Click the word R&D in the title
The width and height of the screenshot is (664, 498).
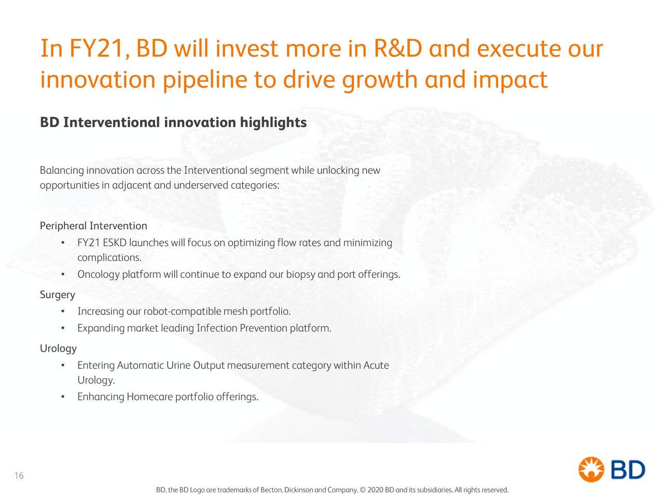point(397,49)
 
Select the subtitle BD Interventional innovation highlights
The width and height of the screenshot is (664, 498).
point(173,123)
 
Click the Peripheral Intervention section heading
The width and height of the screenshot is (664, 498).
point(93,226)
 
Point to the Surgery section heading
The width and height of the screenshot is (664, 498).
point(58,295)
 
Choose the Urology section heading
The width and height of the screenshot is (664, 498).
point(58,349)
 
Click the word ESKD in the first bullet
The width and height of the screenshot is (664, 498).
point(114,243)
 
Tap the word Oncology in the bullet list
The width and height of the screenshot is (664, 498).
point(99,274)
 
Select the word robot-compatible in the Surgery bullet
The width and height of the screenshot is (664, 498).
point(182,312)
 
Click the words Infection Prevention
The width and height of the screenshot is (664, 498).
point(242,328)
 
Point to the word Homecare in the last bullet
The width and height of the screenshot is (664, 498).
point(149,397)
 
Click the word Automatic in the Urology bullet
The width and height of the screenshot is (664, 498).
point(141,366)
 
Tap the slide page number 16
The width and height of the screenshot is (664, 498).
point(19,476)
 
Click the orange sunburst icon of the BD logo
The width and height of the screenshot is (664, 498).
point(591,469)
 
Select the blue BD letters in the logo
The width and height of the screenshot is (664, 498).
point(628,470)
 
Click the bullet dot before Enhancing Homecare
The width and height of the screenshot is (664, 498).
point(62,397)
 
